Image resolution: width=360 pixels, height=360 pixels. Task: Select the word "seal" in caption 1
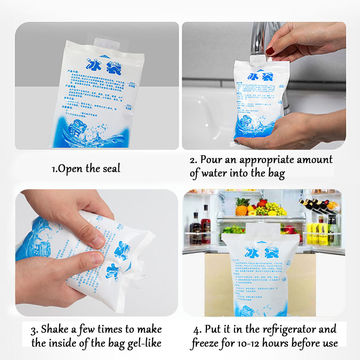[116, 169]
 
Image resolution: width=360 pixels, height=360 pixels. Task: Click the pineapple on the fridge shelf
[242, 207]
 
